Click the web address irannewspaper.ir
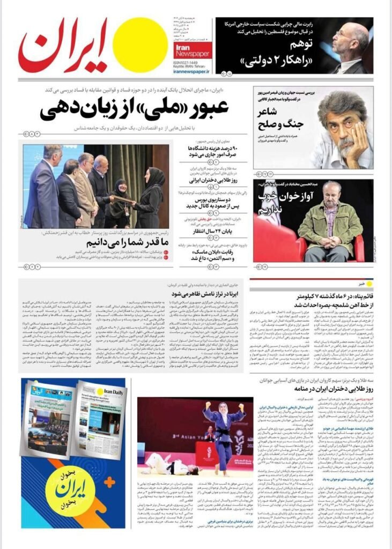[191, 71]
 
